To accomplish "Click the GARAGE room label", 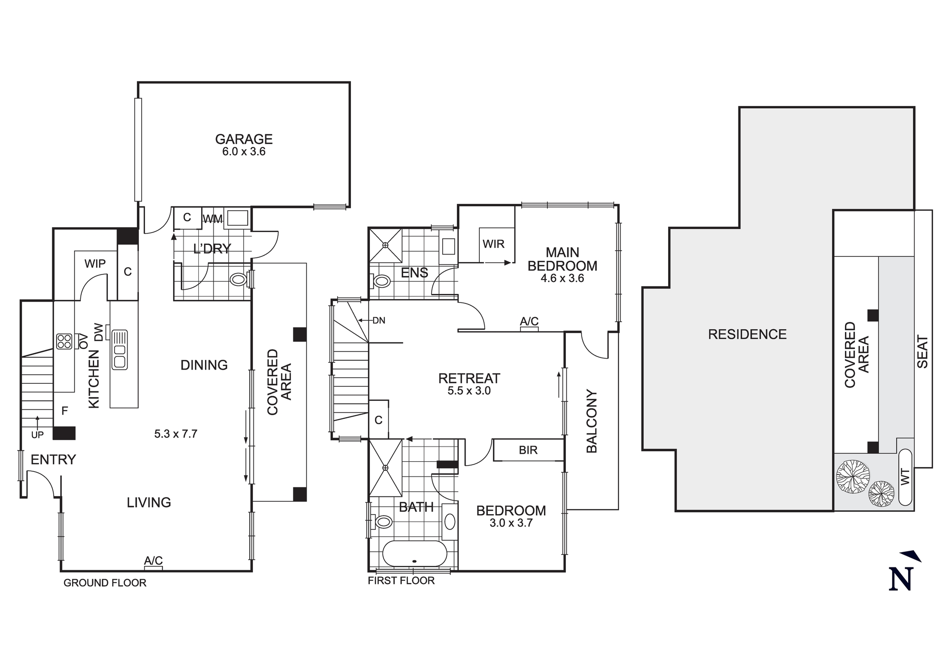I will coord(243,139).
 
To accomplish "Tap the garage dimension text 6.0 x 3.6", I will coord(243,152).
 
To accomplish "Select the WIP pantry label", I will coord(95,263).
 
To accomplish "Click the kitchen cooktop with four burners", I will coord(64,341).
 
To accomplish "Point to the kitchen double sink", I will coord(119,350).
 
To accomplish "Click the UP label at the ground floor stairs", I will coord(37,435).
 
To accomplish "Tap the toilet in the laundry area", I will coord(238,279).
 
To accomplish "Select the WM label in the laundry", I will coord(213,219).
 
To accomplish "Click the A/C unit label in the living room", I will coord(153,561).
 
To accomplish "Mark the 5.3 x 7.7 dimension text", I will coord(175,434).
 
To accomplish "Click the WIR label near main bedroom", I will coord(493,244).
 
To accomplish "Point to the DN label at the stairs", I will coord(378,321).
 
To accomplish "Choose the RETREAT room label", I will coord(469,379).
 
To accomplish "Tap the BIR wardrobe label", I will coord(528,450).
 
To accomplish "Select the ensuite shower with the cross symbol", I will coord(386,245).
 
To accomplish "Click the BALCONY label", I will coord(592,421).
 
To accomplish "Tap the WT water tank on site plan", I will coord(905,477).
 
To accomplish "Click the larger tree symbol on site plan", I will coord(853,477).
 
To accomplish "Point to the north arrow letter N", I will coord(901,579).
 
